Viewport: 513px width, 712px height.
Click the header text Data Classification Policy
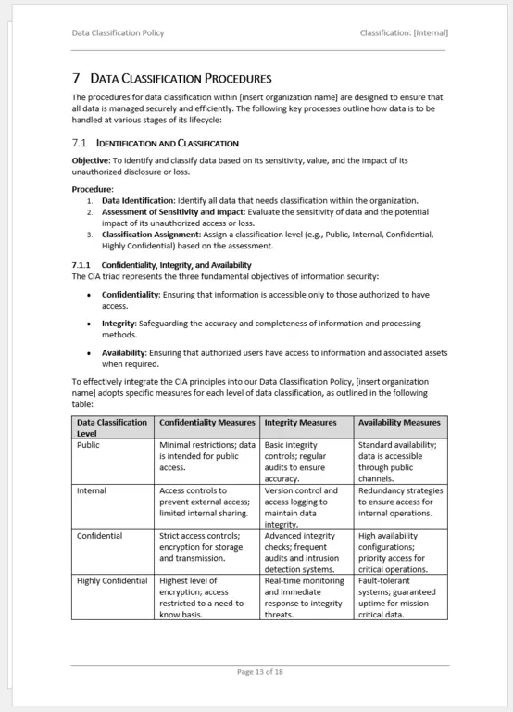click(118, 33)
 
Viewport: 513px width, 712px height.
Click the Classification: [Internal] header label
click(404, 33)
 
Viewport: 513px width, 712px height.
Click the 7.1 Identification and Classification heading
click(155, 144)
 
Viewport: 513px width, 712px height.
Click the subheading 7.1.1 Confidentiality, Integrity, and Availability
click(163, 265)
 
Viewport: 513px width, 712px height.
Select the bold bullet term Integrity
click(119, 324)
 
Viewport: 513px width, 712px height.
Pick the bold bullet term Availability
click(123, 352)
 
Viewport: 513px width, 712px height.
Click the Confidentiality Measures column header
click(206, 423)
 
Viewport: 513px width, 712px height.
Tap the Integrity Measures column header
click(300, 423)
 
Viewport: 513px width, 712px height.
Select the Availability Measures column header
click(399, 423)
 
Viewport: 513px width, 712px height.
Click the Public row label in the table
click(89, 445)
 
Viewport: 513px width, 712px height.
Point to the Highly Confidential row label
click(112, 581)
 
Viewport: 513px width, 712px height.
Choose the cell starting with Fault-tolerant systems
click(399, 597)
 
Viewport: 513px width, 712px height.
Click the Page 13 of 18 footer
click(259, 671)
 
